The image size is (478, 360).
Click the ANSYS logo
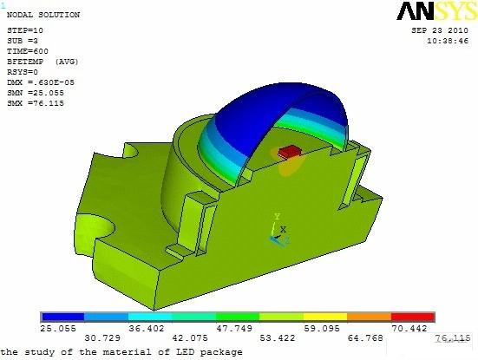[437, 11]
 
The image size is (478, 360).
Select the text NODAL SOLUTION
[43, 15]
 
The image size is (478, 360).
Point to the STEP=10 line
[25, 30]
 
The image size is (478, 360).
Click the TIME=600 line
[28, 51]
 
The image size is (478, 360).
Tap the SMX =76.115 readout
[36, 103]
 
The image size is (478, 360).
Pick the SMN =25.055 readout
[36, 93]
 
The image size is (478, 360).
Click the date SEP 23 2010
[440, 30]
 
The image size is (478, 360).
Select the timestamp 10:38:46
[448, 41]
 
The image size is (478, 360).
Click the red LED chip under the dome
[290, 152]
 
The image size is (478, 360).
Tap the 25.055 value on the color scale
[58, 328]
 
